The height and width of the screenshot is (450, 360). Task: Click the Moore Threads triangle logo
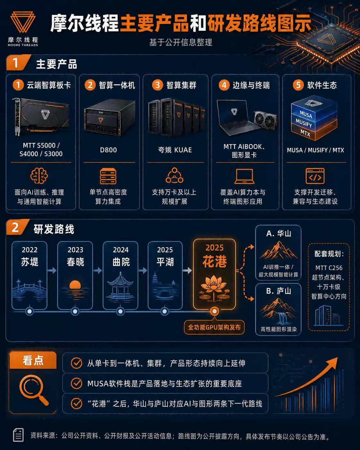pos(23,22)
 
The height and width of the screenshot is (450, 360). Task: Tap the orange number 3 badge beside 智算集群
pos(158,85)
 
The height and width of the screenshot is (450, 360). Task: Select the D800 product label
pos(108,150)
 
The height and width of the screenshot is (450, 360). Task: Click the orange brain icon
pos(39,176)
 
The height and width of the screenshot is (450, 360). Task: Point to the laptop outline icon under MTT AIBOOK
pos(244,176)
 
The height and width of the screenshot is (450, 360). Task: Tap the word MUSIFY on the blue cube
pos(304,123)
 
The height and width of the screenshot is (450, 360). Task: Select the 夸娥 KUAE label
pos(175,150)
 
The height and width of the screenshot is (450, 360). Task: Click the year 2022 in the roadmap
pos(30,250)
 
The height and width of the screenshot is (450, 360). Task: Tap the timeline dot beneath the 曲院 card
pos(120,311)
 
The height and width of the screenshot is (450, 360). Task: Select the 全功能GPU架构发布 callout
pos(214,327)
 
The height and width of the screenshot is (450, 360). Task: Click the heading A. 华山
pos(279,233)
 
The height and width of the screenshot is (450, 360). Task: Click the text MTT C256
pos(329,268)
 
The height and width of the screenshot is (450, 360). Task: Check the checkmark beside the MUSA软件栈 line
pos(76,383)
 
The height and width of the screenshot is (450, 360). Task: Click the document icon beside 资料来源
pos(18,435)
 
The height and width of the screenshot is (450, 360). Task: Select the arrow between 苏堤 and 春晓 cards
pos(52,270)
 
